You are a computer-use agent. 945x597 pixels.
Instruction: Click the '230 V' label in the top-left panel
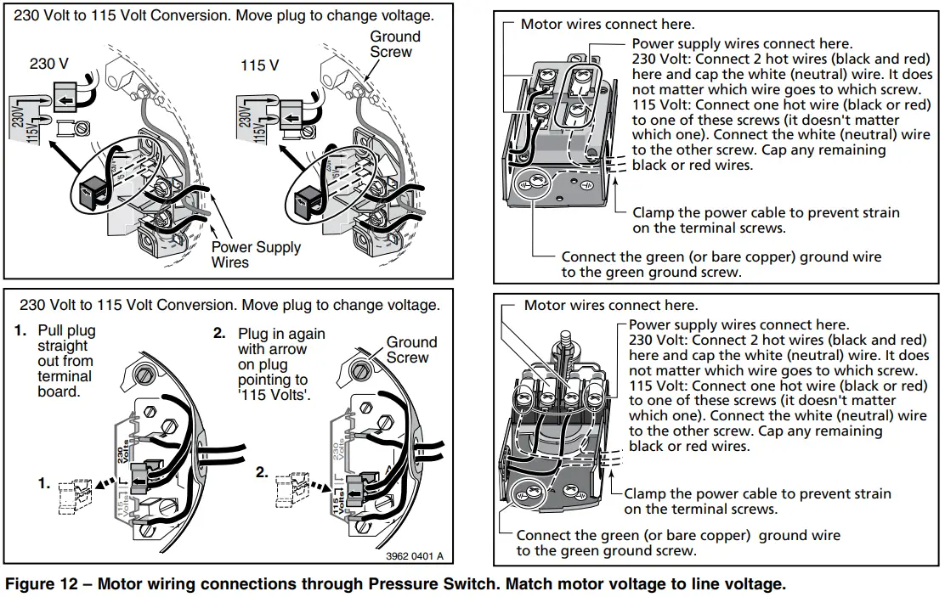(x=49, y=64)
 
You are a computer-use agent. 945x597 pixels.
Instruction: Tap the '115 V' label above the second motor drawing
(x=260, y=65)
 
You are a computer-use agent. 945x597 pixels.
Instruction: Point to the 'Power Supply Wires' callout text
(x=255, y=255)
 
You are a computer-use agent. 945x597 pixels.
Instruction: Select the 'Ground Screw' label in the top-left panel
(x=395, y=44)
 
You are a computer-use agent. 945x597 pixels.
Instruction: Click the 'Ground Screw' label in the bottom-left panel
(x=411, y=350)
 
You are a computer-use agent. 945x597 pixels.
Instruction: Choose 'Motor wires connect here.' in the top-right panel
(x=607, y=25)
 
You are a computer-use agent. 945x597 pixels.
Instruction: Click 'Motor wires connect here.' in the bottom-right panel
(x=610, y=305)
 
